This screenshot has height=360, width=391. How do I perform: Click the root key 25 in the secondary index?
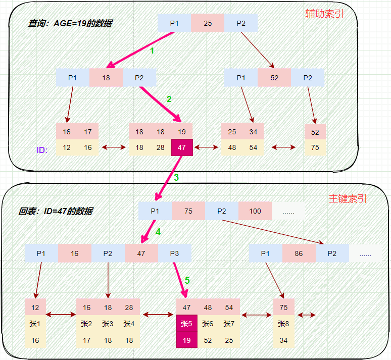[208, 23]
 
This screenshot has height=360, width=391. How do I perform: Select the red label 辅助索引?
[324, 14]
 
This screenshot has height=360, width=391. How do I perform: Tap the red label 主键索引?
[348, 199]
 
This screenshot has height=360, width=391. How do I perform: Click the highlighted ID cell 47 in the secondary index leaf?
[182, 147]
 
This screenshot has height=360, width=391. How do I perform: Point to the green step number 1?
[152, 50]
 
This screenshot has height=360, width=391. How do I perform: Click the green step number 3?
[176, 177]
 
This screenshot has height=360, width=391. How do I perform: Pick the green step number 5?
[187, 279]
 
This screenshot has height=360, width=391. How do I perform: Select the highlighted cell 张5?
[186, 323]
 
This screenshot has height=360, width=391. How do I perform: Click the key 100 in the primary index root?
[255, 211]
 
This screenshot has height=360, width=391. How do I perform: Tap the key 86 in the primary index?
[299, 253]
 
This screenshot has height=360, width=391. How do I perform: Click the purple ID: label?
[42, 150]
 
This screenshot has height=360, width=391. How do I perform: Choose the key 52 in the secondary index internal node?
[274, 78]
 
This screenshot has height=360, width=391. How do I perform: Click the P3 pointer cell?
[174, 253]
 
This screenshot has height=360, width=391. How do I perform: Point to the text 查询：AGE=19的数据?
[70, 23]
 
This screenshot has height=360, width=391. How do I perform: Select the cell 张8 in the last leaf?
[283, 323]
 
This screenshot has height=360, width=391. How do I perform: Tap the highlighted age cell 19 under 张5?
[186, 340]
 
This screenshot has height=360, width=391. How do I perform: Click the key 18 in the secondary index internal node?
[106, 78]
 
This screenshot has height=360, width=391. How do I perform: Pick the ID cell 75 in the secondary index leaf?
[315, 147]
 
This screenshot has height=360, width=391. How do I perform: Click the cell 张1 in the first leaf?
[35, 323]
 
